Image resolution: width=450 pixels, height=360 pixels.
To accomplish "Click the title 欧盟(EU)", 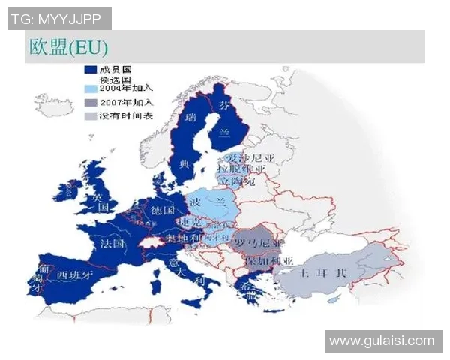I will [68, 47].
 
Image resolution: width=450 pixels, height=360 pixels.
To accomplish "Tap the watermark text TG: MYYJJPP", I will [58, 19].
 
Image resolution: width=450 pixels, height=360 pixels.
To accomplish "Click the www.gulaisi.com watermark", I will [382, 340].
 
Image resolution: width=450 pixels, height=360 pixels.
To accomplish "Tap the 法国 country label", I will [111, 244].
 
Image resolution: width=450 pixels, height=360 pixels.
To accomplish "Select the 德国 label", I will [163, 208].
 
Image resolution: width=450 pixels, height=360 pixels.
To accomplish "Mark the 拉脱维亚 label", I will [244, 169].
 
